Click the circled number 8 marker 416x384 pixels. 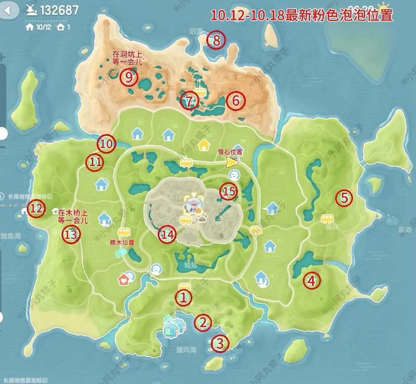point(216,41)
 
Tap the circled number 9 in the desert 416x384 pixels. point(129,77)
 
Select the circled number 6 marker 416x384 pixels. point(235,100)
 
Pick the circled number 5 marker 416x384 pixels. point(344,198)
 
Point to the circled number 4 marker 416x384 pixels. point(312,280)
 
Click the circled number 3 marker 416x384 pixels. point(220,342)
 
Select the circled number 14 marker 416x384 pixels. point(167,234)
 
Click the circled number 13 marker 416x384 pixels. point(71,235)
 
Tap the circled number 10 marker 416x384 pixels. point(106,144)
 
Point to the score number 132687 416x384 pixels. point(59,10)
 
